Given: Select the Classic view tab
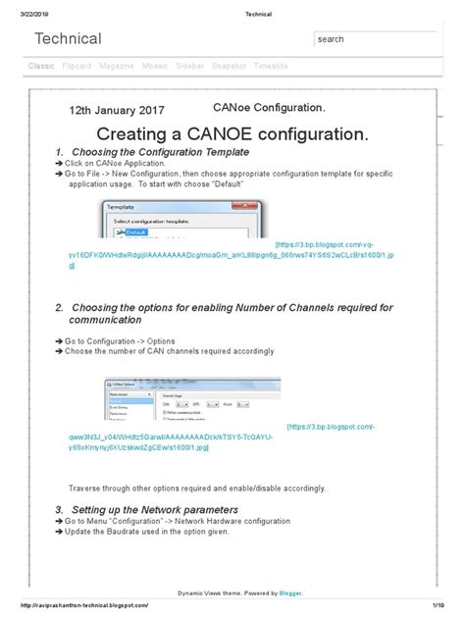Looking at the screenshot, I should coord(41,65).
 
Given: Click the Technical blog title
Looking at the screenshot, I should coord(68,39).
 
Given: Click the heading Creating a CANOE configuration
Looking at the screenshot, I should coord(232,133).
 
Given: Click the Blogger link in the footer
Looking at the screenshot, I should coord(288,594).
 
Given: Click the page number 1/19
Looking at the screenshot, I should coord(446,605).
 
